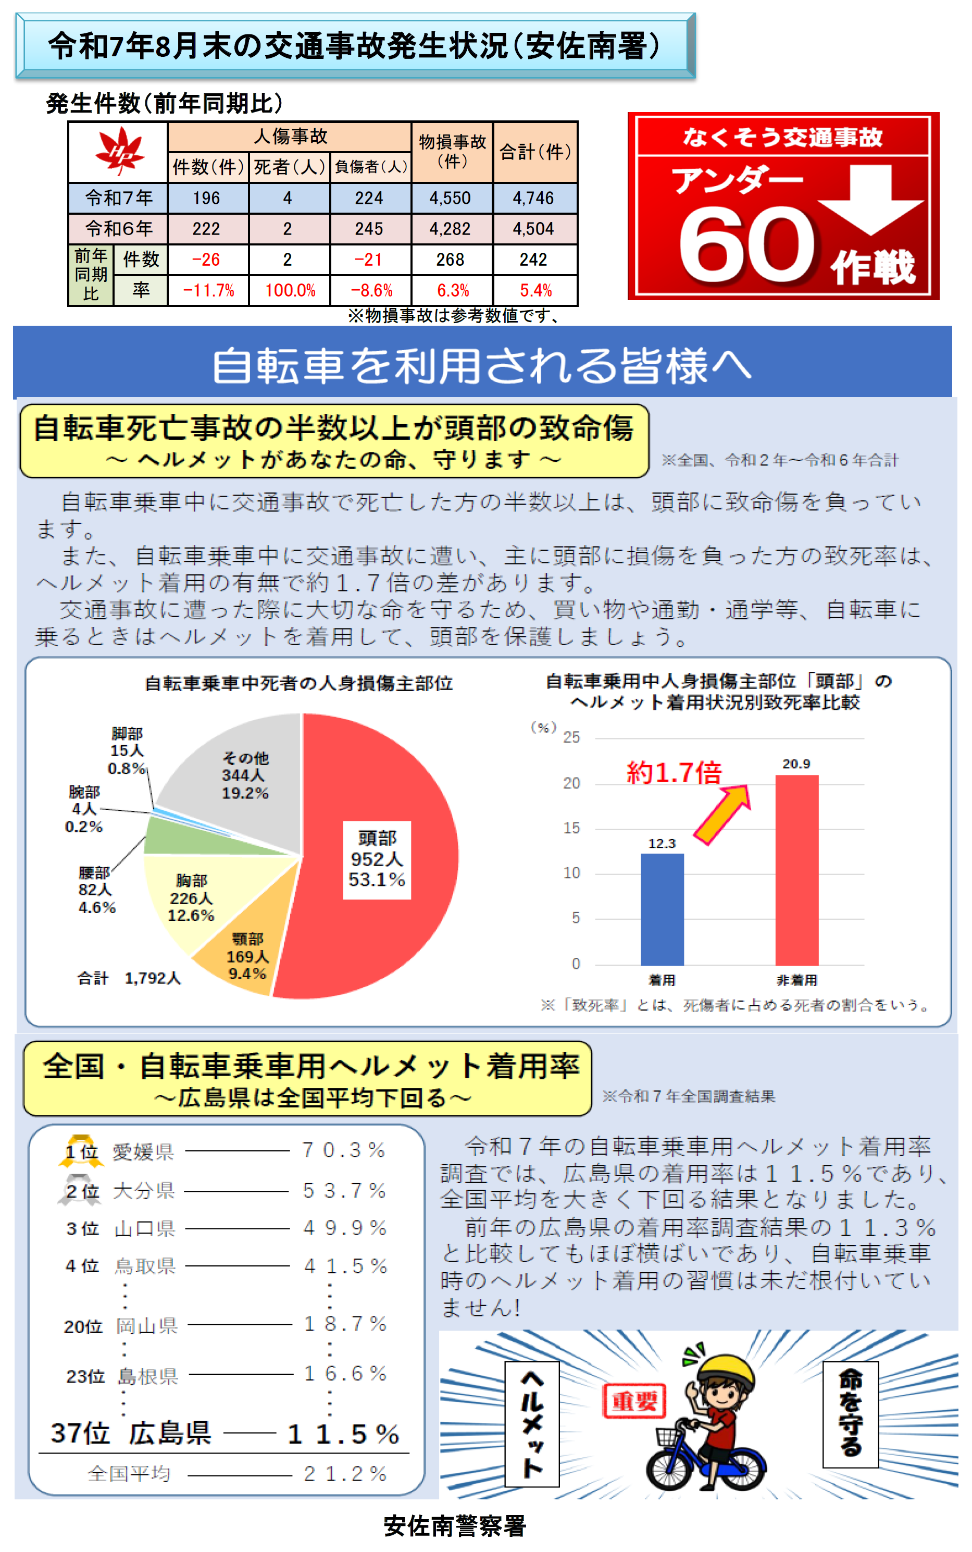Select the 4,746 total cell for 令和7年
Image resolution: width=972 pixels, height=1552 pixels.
pyautogui.click(x=533, y=198)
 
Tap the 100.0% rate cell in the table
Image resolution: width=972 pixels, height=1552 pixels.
pyautogui.click(x=290, y=290)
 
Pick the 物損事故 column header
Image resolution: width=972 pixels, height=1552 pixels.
pyautogui.click(x=452, y=151)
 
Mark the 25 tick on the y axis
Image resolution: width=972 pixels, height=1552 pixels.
pyautogui.click(x=571, y=737)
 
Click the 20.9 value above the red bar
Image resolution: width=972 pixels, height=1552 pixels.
pyautogui.click(x=796, y=763)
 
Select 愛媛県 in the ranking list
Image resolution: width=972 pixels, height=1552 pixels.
pyautogui.click(x=143, y=1151)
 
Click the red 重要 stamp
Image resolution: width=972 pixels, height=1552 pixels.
pyautogui.click(x=634, y=1401)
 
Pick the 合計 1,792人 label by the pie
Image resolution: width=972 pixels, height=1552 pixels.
pyautogui.click(x=129, y=978)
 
